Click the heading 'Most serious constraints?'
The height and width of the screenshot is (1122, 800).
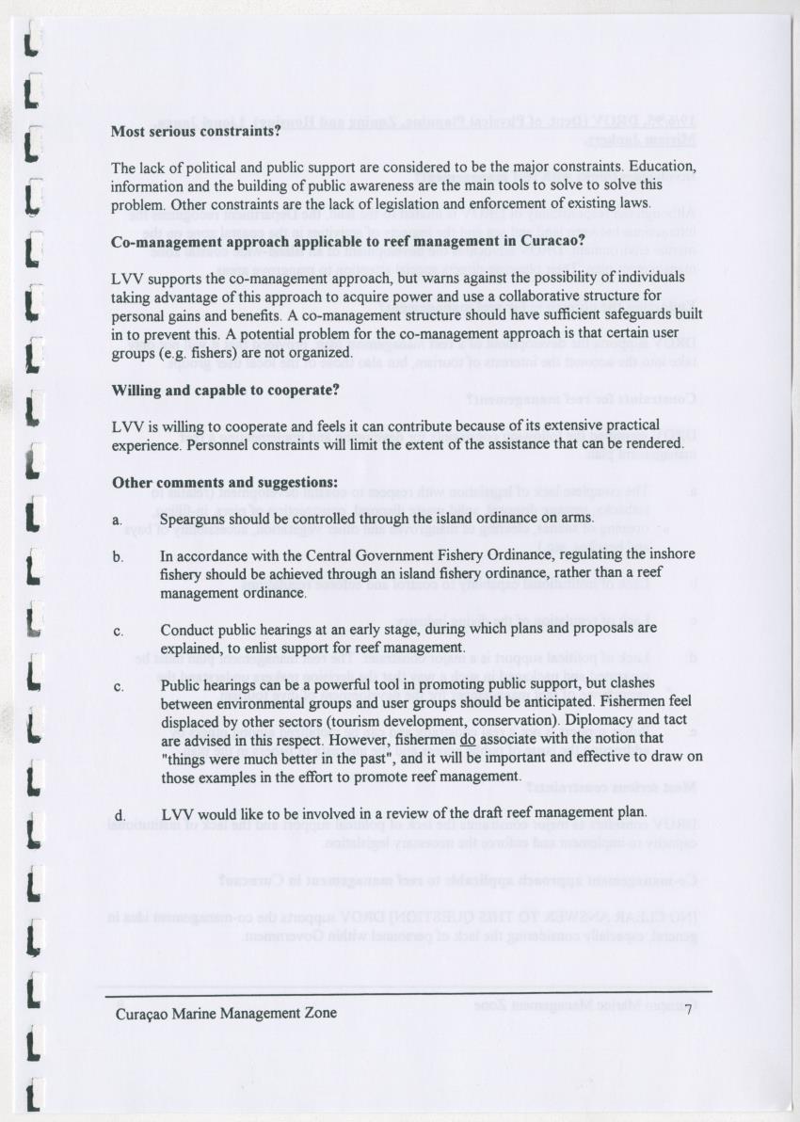(196, 132)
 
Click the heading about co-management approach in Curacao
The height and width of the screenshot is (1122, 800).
(348, 241)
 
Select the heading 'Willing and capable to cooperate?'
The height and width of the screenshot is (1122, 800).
(226, 390)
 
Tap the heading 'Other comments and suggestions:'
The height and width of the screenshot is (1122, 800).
(225, 482)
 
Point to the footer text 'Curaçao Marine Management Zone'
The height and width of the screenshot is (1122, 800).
(226, 1014)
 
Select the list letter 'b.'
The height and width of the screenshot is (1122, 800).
(119, 557)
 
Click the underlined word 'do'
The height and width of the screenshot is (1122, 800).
(467, 739)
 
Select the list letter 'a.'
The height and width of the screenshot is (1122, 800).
(118, 520)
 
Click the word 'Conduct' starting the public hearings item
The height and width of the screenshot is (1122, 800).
(186, 630)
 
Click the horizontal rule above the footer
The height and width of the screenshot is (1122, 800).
(408, 991)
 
